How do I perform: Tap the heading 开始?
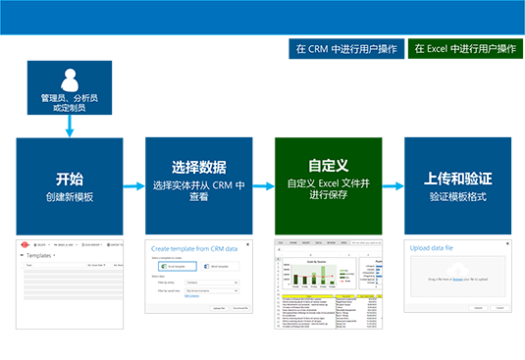pos(70,180)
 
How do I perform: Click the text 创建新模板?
pos(70,197)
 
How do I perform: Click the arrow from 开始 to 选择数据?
pos(134,184)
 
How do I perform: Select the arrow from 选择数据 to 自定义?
pos(264,184)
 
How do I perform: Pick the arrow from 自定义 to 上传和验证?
pos(393,184)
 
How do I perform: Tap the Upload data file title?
pos(432,248)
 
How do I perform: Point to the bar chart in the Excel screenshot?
pos(311,270)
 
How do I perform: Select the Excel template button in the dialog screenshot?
pos(173,266)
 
